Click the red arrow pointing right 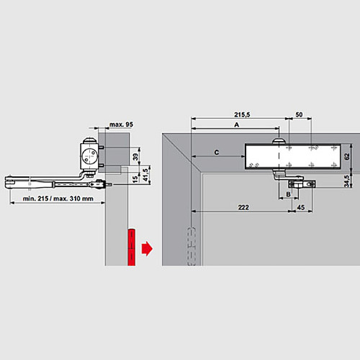pos(147,248)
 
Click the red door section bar pos(132,247)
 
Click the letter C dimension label pos(217,152)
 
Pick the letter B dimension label pos(287,194)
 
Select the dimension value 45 pos(300,207)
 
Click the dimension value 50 pos(299,114)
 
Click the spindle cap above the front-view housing pos(276,139)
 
